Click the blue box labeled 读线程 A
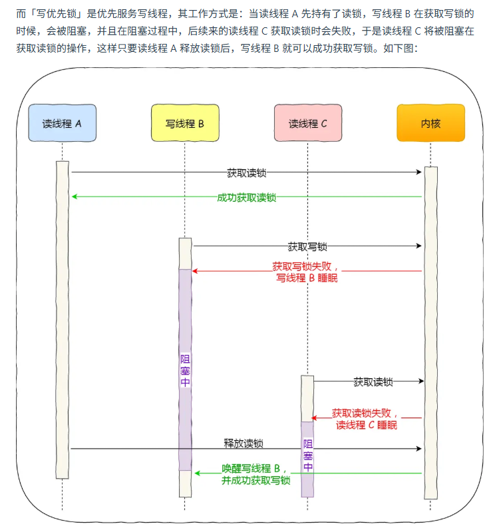(62, 123)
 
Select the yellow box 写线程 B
(185, 123)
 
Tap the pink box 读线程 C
(308, 123)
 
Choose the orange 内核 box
(430, 123)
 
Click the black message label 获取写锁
(307, 246)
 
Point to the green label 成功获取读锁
(246, 197)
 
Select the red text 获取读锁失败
(365, 413)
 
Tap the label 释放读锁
(244, 443)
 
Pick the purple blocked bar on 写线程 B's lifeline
(185, 370)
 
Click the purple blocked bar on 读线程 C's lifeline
(307, 459)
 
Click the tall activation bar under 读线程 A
(63, 320)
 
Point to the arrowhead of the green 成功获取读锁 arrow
(75, 196)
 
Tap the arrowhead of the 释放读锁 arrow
(420, 448)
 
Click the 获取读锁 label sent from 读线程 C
(373, 382)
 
